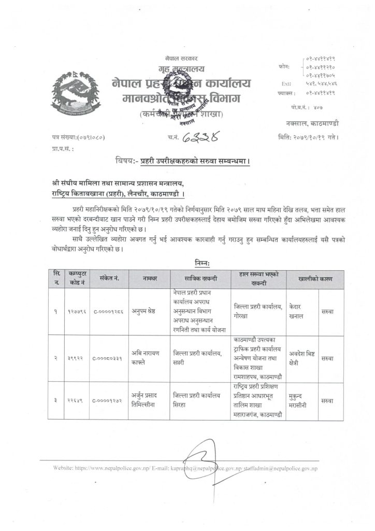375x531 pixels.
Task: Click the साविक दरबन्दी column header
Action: click(x=199, y=278)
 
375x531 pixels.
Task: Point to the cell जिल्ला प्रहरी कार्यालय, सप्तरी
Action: click(x=199, y=358)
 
